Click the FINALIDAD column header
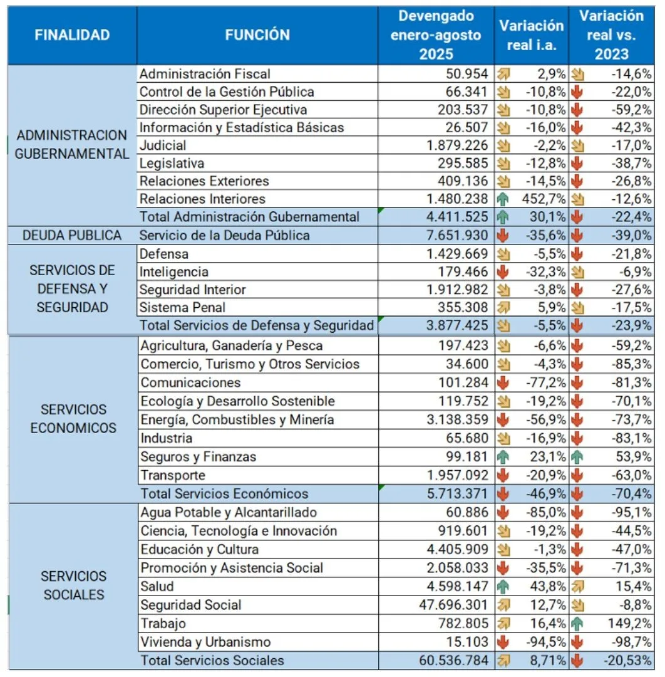(x=72, y=35)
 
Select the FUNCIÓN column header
(x=257, y=35)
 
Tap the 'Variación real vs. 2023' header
(x=612, y=35)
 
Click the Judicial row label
(x=163, y=145)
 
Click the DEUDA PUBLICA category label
(x=72, y=236)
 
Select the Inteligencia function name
(x=175, y=272)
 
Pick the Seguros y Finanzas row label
(x=198, y=457)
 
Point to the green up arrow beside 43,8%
(x=503, y=587)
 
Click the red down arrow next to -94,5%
(x=503, y=643)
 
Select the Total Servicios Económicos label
(x=225, y=494)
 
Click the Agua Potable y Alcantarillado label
(x=229, y=513)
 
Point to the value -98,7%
(x=631, y=643)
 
